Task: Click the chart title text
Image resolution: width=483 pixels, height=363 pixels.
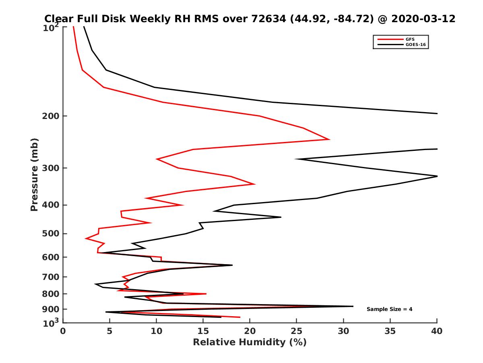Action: coord(250,19)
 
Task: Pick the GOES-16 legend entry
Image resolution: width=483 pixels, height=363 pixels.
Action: coord(415,45)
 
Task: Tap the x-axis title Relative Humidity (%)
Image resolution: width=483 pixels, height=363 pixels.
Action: coord(250,342)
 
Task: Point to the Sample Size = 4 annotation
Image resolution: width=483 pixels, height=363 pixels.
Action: coord(389,309)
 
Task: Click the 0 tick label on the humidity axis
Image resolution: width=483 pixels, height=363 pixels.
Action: coord(63,332)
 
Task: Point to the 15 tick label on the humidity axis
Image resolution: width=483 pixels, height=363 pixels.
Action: coord(203,332)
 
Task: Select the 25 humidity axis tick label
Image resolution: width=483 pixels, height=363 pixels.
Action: coord(297,332)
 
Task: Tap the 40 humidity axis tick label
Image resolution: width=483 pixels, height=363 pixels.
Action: coord(437,332)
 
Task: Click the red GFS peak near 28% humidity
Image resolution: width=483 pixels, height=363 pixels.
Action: coord(330,140)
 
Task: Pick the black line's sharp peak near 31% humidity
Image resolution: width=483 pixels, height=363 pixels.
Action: coord(353,306)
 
